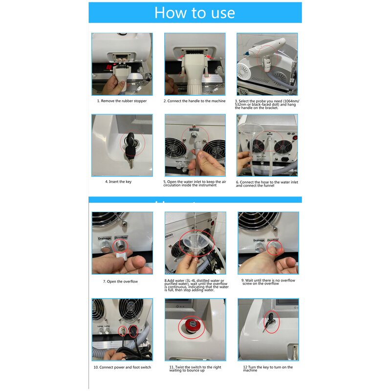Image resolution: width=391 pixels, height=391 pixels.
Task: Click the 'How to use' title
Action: pos(195,13)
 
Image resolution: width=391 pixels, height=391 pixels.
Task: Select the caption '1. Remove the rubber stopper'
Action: pos(122,101)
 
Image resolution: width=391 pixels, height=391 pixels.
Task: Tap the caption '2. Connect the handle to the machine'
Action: pos(195,101)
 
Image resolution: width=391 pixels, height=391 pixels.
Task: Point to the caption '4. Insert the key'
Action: pos(118,182)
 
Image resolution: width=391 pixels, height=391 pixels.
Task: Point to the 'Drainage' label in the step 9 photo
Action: pos(259,240)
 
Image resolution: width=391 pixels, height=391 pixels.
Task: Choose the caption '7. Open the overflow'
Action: pos(120,282)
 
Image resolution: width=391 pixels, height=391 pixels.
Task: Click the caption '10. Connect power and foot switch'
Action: pos(122,367)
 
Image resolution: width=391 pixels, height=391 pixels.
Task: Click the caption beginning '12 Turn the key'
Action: pos(267,369)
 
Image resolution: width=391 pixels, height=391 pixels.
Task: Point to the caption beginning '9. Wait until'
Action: pos(268,282)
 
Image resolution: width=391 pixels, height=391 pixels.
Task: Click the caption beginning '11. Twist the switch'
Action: pos(195,369)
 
